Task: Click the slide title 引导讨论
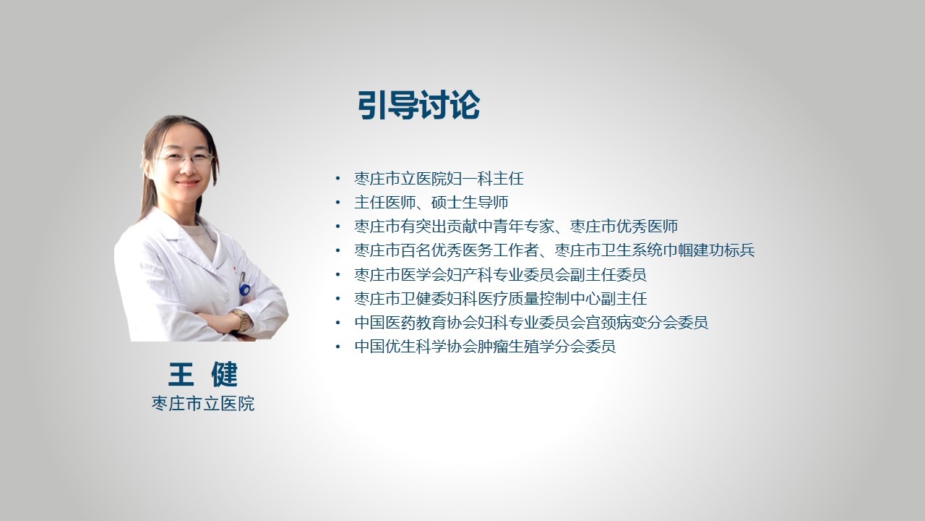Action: click(x=418, y=105)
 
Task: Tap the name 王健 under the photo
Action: click(x=203, y=374)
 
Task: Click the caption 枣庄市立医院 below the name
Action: click(x=203, y=404)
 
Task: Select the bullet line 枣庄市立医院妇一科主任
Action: click(x=439, y=179)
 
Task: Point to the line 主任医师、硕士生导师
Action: click(x=431, y=203)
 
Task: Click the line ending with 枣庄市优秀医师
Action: click(x=516, y=226)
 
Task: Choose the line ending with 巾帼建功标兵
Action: click(x=554, y=250)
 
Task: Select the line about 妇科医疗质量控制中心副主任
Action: click(x=501, y=299)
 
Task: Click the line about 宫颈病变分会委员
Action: click(x=531, y=323)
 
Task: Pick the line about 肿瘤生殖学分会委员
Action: click(x=485, y=347)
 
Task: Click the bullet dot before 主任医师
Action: click(x=338, y=203)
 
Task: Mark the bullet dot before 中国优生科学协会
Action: click(x=338, y=347)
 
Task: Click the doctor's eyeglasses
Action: click(x=185, y=158)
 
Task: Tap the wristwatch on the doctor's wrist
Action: click(x=241, y=319)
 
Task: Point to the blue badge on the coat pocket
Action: click(x=245, y=289)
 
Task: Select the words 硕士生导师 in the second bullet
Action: click(x=470, y=203)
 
